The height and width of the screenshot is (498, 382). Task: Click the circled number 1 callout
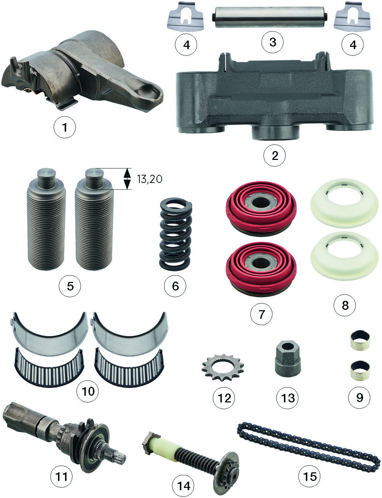click(x=65, y=127)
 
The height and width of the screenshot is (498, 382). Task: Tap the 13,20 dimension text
click(x=150, y=179)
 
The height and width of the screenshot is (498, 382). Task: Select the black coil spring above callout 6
click(x=175, y=234)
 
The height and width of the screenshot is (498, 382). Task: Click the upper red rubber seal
click(x=261, y=209)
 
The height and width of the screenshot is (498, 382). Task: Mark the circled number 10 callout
click(x=88, y=391)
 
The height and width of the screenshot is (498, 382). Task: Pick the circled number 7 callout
click(x=261, y=314)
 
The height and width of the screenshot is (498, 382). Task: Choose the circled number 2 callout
click(x=275, y=155)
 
